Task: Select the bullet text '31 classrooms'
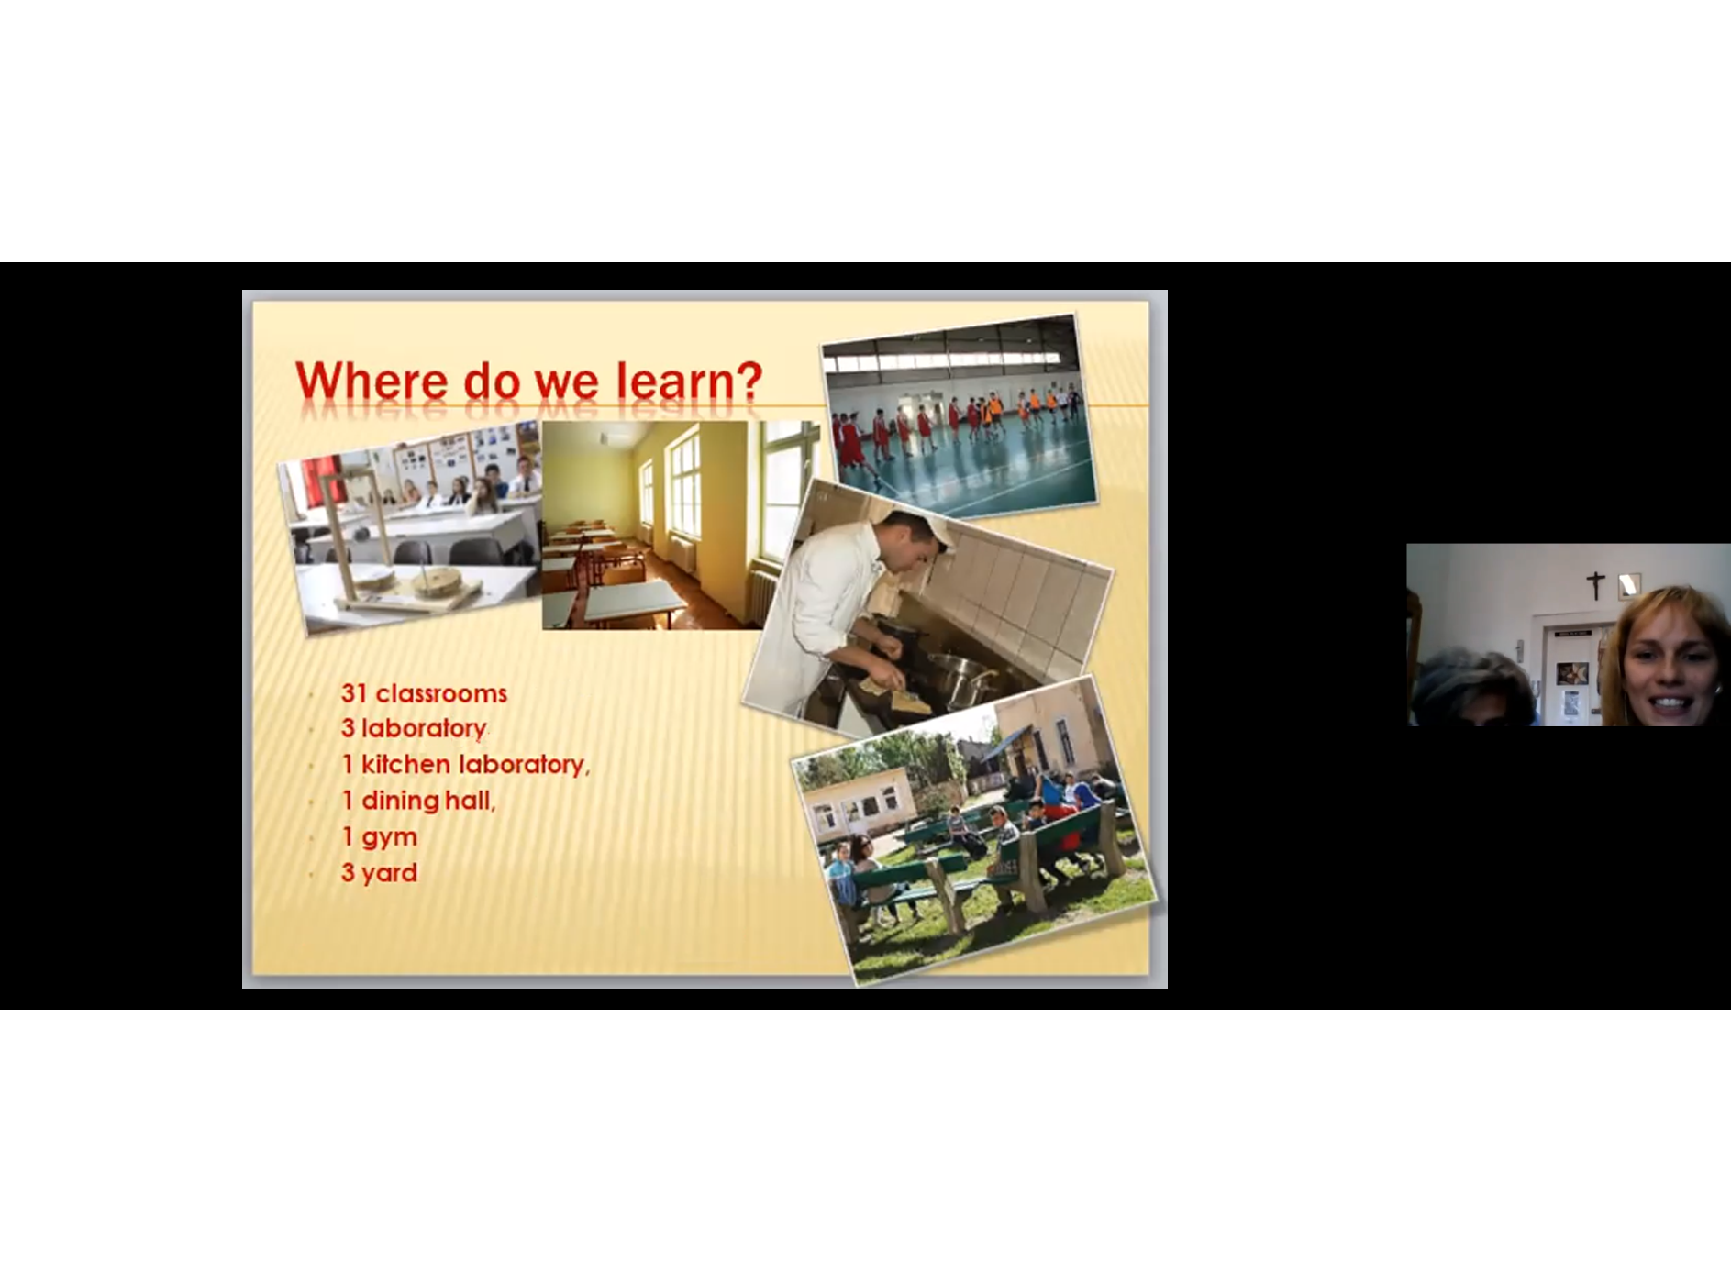(x=424, y=693)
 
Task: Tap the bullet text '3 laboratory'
(x=414, y=729)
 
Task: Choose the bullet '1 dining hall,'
(x=418, y=801)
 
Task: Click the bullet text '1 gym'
(x=379, y=837)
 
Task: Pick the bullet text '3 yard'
(x=379, y=872)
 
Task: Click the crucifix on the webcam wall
(x=1596, y=584)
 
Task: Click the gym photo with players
(x=959, y=415)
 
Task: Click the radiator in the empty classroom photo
(x=761, y=596)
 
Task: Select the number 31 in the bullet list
(x=354, y=693)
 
